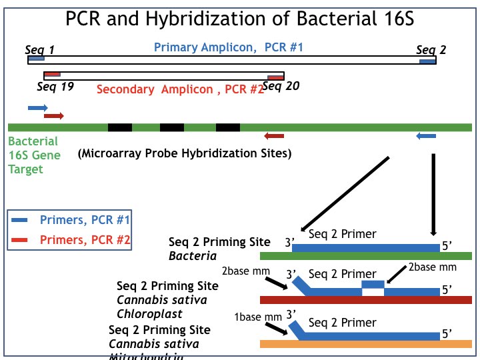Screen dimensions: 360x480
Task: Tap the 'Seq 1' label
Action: pyautogui.click(x=39, y=50)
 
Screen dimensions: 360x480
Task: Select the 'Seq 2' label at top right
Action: pyautogui.click(x=431, y=50)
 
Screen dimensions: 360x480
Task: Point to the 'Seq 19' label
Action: pyautogui.click(x=55, y=86)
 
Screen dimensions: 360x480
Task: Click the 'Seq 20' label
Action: pyautogui.click(x=281, y=85)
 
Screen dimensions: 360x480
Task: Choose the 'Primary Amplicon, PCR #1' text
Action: pyautogui.click(x=229, y=47)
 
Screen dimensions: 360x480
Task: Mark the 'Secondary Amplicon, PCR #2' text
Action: pyautogui.click(x=180, y=89)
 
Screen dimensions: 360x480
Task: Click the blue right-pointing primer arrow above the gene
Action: pyautogui.click(x=38, y=107)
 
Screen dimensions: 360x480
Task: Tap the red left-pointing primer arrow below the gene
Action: pyautogui.click(x=274, y=136)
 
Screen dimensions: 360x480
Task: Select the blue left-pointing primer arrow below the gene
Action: pyautogui.click(x=426, y=136)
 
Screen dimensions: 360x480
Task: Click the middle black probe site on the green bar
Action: pyautogui.click(x=172, y=127)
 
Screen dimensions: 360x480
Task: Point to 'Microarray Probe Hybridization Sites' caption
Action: pyautogui.click(x=185, y=153)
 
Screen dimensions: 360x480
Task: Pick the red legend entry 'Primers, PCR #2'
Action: pyautogui.click(x=85, y=240)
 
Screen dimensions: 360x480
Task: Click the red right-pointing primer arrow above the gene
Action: pyautogui.click(x=54, y=116)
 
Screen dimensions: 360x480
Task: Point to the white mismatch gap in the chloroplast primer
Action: pyautogui.click(x=373, y=291)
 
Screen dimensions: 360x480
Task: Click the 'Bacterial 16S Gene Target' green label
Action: pyautogui.click(x=33, y=155)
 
